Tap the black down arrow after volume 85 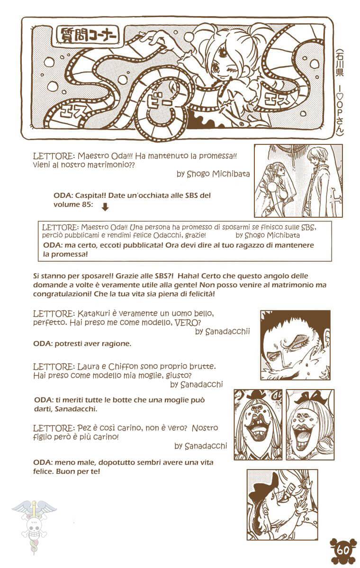tap(105, 206)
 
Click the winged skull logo tap(34, 521)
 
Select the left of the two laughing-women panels tap(258, 425)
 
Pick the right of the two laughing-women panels tap(310, 425)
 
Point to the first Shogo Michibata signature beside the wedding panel tap(213, 174)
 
